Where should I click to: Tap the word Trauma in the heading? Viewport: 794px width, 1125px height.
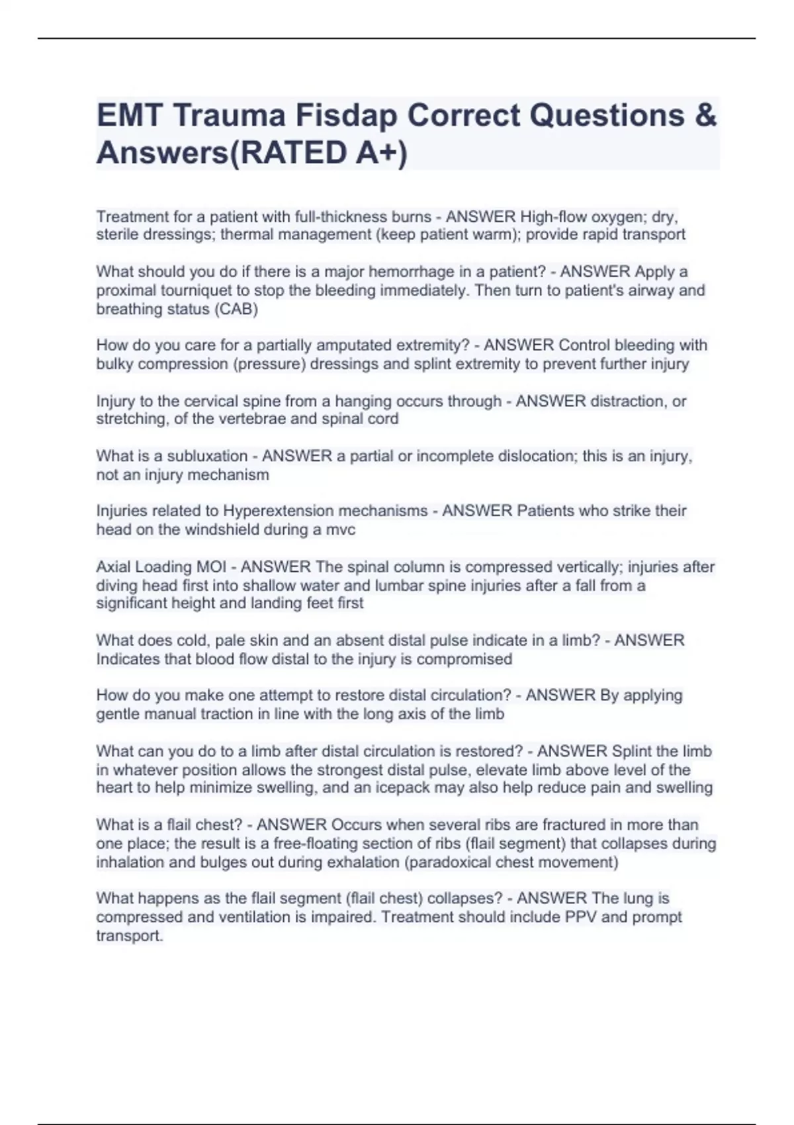click(x=229, y=116)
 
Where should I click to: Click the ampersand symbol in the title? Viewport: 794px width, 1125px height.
click(x=706, y=116)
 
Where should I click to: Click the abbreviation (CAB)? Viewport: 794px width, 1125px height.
click(x=236, y=309)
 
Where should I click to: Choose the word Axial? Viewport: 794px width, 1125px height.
click(x=113, y=567)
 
